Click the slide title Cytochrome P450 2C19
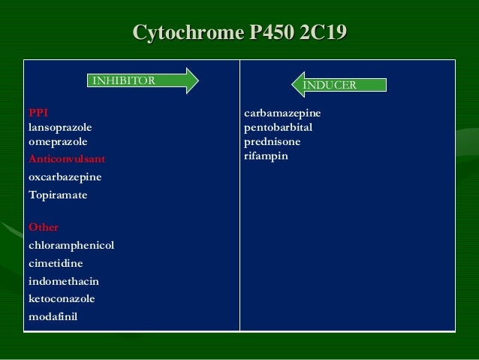(239, 32)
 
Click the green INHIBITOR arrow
(143, 80)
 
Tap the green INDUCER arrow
(339, 85)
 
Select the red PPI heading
(38, 113)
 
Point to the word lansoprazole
(60, 127)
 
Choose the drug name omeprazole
(58, 141)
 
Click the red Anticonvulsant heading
(67, 159)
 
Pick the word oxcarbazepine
(65, 177)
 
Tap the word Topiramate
(58, 195)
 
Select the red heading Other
(43, 227)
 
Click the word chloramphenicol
(71, 245)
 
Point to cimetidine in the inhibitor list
(56, 263)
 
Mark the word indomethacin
(64, 281)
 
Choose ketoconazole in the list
(62, 298)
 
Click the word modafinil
(53, 316)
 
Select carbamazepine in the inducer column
(282, 113)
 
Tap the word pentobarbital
(279, 127)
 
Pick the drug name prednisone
(273, 141)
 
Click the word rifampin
(266, 156)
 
